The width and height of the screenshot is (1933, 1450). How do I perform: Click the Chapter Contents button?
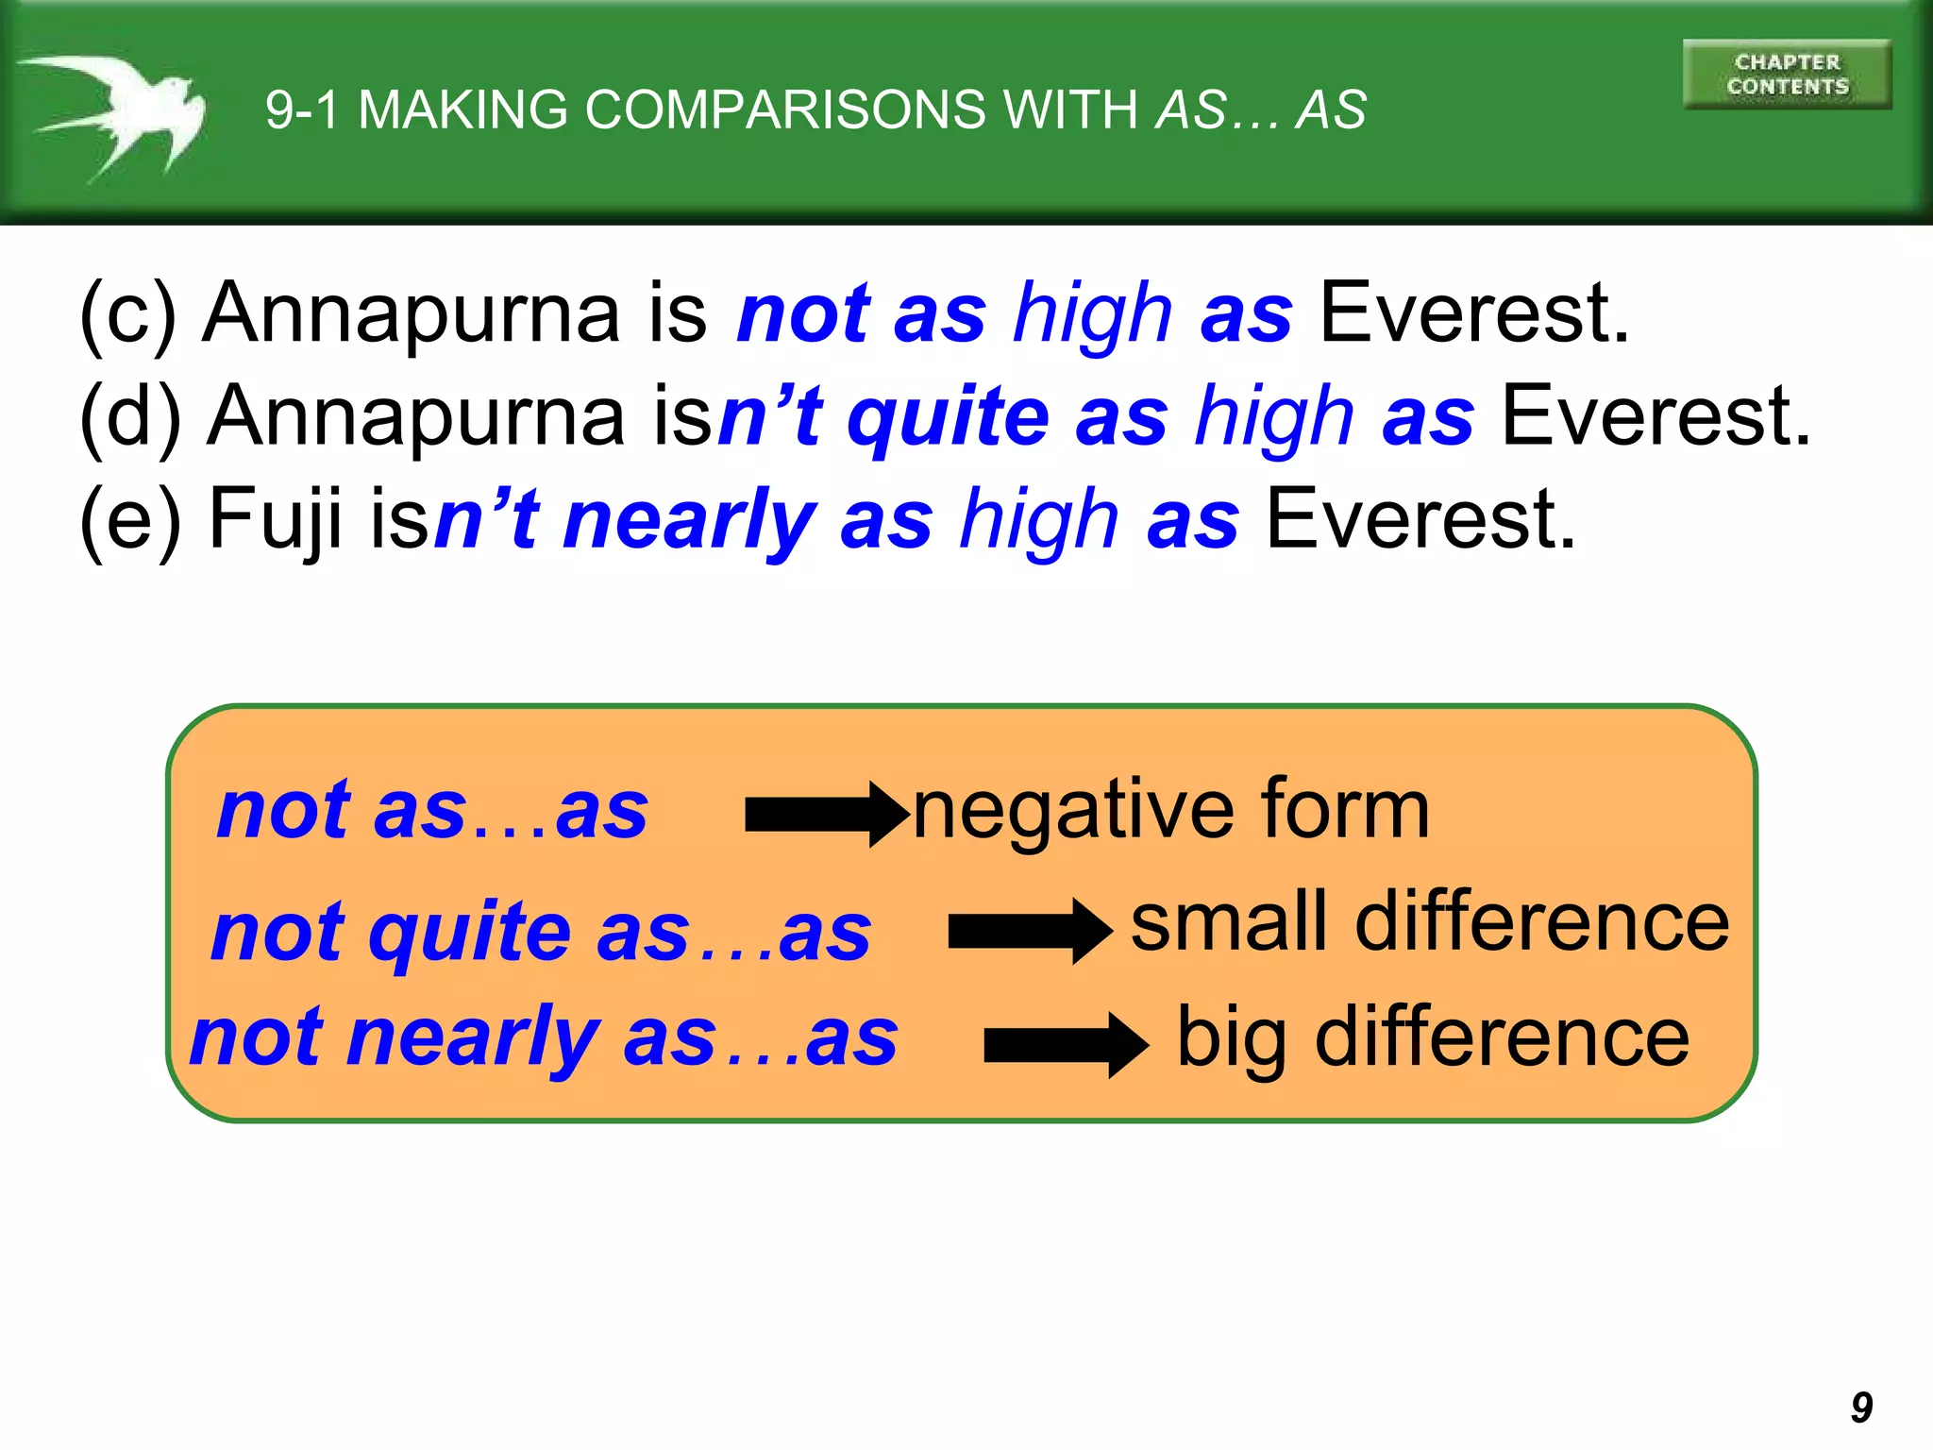tap(1787, 75)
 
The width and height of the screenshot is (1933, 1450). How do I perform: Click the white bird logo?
tap(118, 113)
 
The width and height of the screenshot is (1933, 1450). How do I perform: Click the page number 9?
tap(1861, 1408)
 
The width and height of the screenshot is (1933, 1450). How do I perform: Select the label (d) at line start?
tap(130, 416)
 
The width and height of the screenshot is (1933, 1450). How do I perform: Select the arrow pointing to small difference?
tap(1030, 931)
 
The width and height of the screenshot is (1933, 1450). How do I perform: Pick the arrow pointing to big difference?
tap(1066, 1045)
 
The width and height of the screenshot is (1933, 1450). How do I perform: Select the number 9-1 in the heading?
tap(302, 110)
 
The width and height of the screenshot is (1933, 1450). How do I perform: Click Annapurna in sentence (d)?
tap(415, 416)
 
